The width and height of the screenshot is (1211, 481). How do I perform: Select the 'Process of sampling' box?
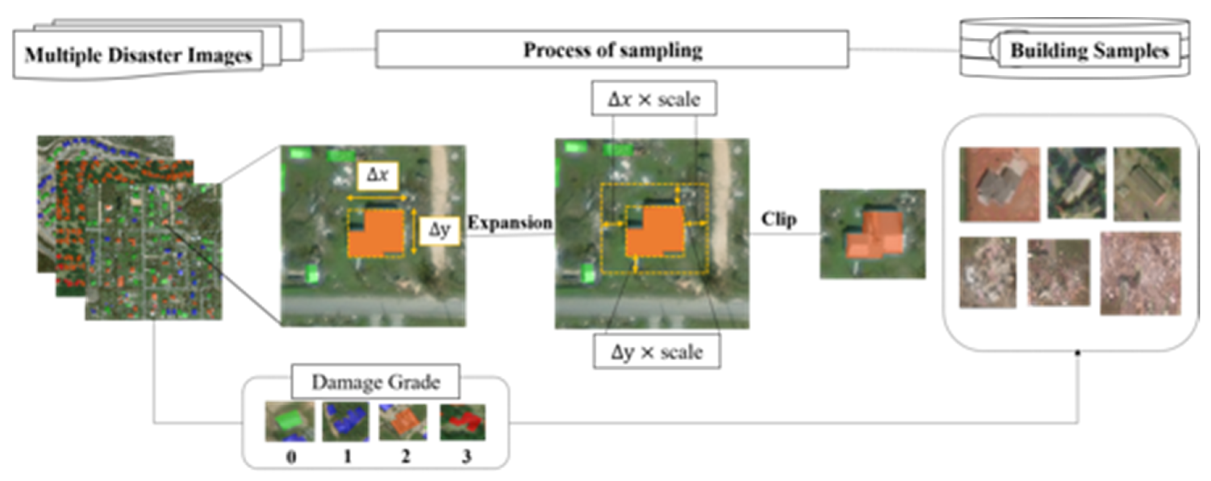click(x=612, y=49)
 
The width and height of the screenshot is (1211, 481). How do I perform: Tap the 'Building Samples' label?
click(x=1089, y=51)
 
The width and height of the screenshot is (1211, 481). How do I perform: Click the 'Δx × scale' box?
click(x=654, y=99)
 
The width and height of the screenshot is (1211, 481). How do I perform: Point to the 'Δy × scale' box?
click(x=657, y=352)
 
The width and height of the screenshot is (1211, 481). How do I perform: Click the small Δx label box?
click(x=378, y=176)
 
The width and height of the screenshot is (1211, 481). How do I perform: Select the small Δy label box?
click(x=440, y=230)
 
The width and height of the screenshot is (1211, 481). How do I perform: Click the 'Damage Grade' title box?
click(x=376, y=381)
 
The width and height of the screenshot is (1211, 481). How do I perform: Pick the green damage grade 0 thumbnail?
click(x=290, y=421)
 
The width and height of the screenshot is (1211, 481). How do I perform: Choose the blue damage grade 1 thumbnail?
click(x=346, y=421)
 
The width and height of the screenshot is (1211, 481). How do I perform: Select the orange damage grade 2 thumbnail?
click(x=403, y=421)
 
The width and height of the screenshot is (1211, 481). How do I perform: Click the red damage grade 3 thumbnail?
click(x=463, y=421)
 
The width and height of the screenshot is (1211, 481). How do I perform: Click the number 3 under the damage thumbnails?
click(x=466, y=456)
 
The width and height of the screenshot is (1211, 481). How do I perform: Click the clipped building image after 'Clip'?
click(x=873, y=234)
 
